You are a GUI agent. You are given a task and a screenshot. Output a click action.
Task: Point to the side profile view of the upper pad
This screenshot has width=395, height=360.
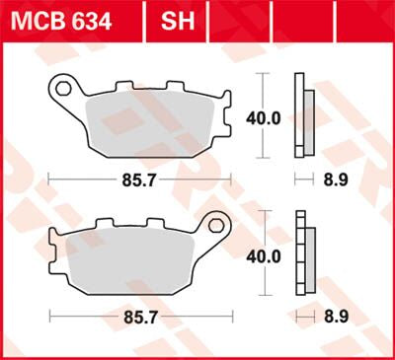pyautogui.click(x=304, y=116)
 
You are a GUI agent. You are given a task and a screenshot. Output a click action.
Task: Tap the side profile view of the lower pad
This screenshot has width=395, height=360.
pyautogui.click(x=304, y=253)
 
